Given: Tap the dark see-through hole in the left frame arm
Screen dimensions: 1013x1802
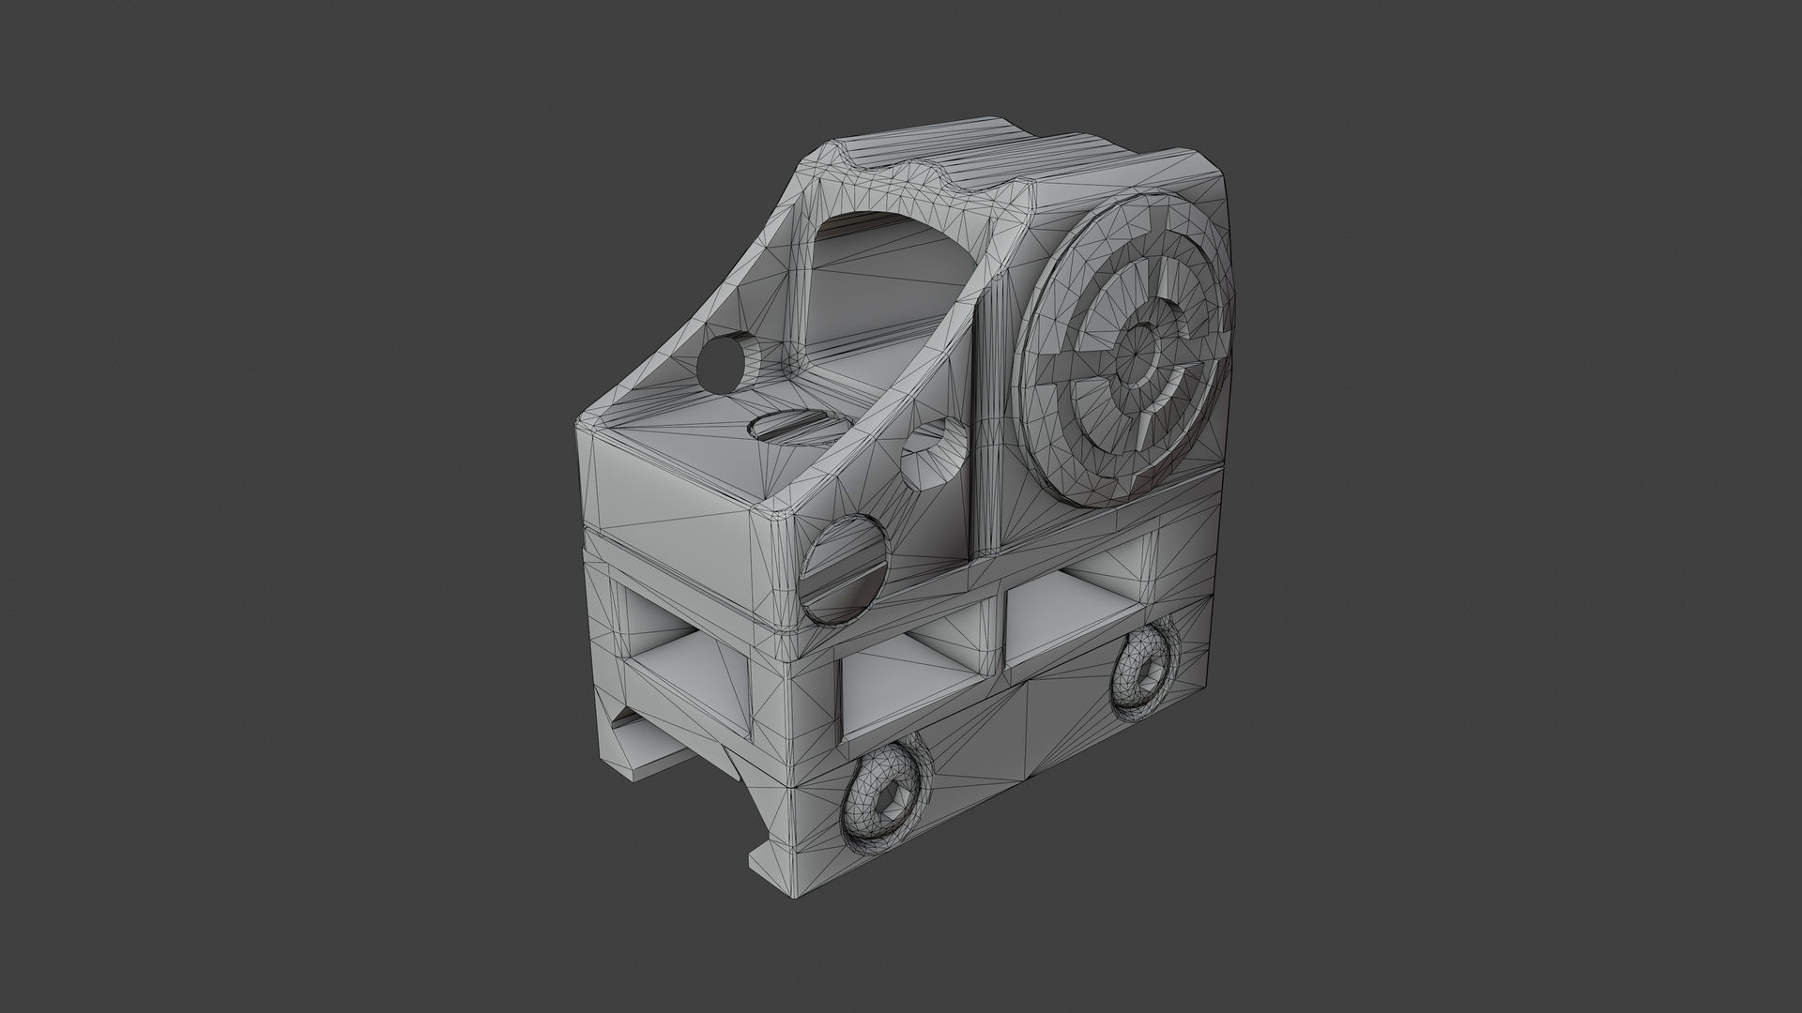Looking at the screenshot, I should (720, 361).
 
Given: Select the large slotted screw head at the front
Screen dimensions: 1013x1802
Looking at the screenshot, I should (844, 569).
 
